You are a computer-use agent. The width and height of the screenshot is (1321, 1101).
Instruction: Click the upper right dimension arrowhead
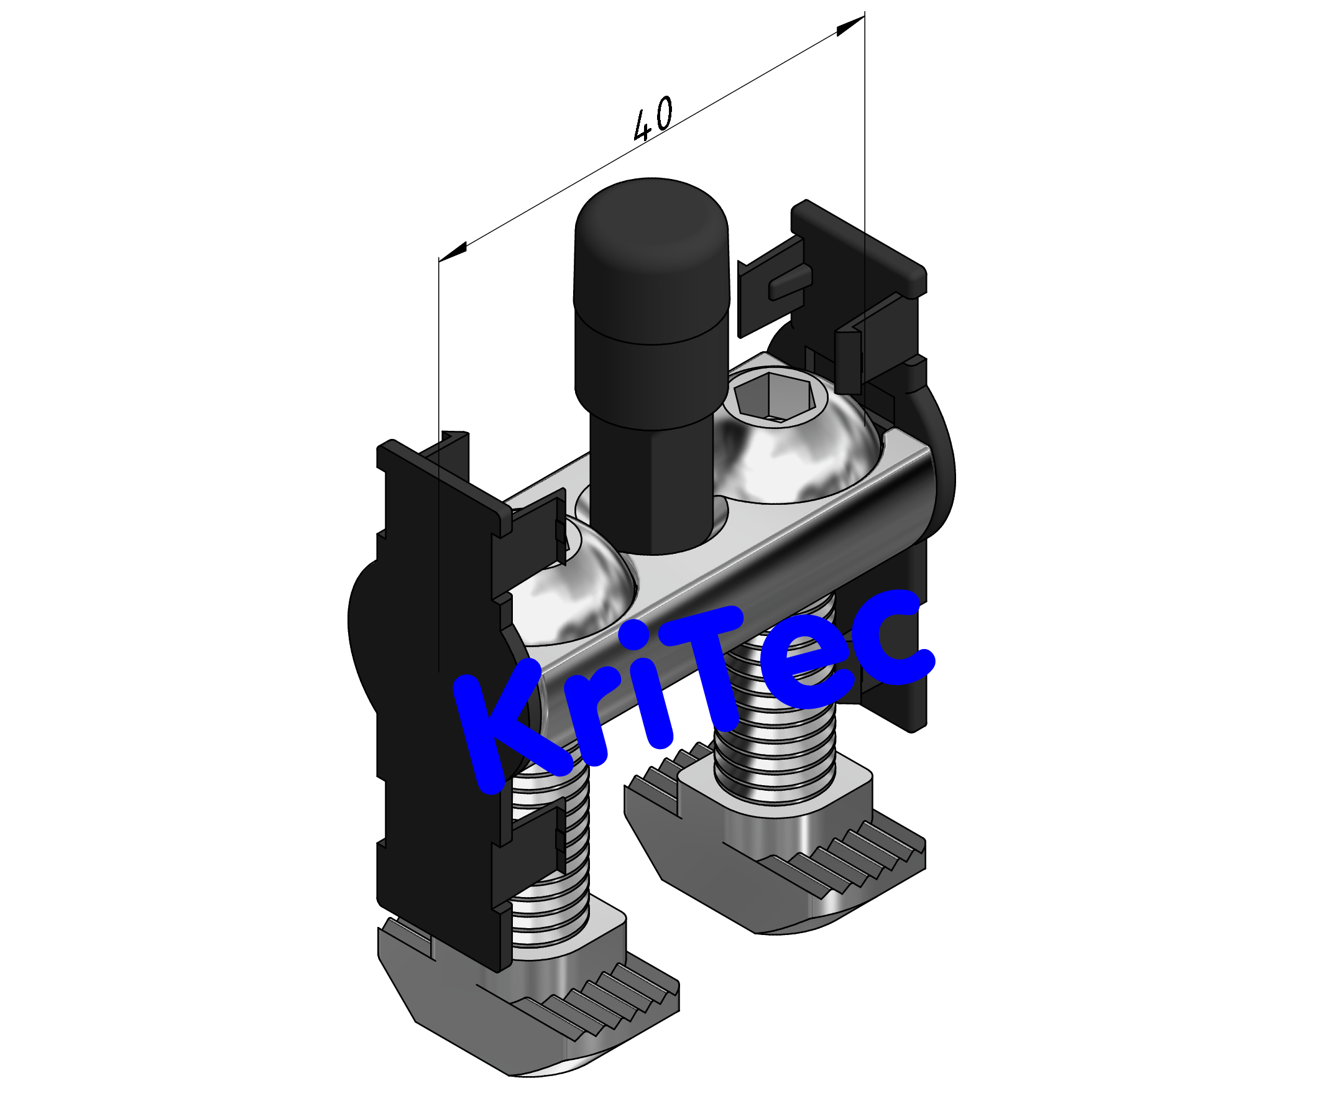click(x=851, y=25)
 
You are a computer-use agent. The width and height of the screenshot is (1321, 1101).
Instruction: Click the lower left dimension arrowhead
click(x=453, y=251)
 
